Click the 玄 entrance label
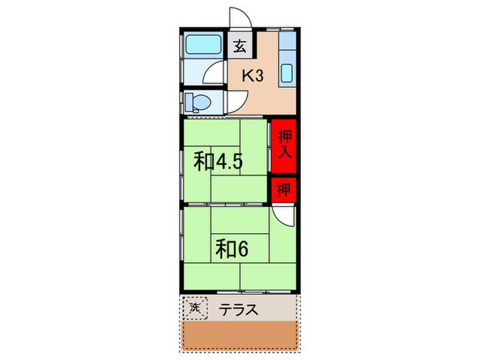(240, 47)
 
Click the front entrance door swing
(240, 19)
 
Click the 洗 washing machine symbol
(195, 309)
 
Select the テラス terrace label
(239, 310)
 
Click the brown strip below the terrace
(240, 337)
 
